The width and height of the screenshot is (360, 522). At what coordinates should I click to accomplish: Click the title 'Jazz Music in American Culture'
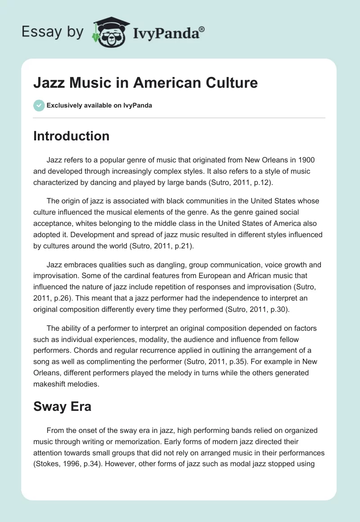coord(145,83)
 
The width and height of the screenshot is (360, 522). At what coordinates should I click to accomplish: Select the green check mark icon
coord(39,105)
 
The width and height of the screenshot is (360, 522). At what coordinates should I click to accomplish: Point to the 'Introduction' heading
coord(72,136)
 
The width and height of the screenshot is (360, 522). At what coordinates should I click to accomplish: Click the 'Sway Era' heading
coord(63,407)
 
